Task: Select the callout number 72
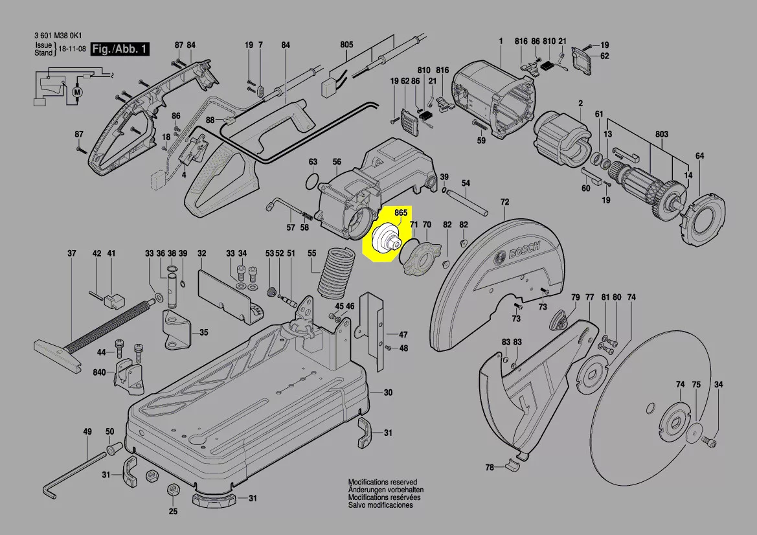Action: point(504,203)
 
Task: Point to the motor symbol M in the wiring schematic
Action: point(78,93)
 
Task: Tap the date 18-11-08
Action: point(72,49)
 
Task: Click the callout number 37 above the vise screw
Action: point(72,253)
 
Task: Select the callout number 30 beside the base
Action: point(388,393)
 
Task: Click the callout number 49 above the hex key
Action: point(87,431)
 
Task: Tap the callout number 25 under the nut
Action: point(173,512)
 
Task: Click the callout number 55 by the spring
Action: point(312,253)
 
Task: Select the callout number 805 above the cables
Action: point(346,45)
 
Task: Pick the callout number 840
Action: point(99,372)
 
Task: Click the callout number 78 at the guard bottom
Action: point(490,467)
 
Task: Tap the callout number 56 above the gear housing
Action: point(337,161)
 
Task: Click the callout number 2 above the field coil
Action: point(580,104)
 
